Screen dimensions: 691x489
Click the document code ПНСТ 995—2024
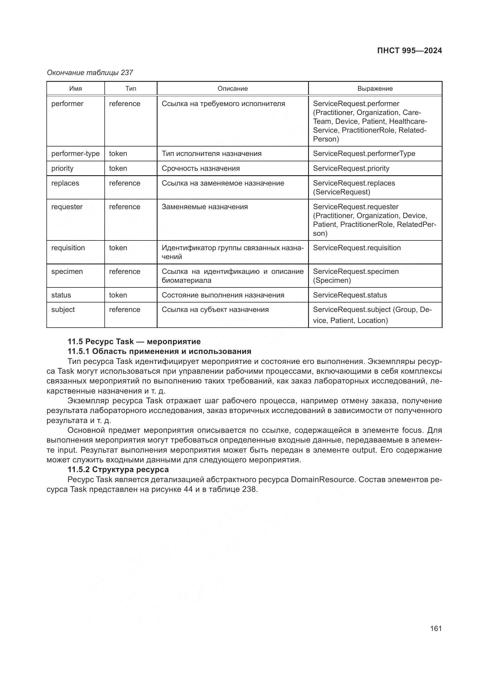pyautogui.click(x=409, y=51)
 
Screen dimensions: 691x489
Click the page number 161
pyautogui.click(x=436, y=628)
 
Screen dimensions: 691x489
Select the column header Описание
pyautogui.click(x=232, y=89)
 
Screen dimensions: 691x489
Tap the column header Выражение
pyautogui.click(x=375, y=89)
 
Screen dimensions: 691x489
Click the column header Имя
pyautogui.click(x=76, y=89)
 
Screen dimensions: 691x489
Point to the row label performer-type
pyautogui.click(x=75, y=154)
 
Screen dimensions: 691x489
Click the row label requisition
pyautogui.click(x=68, y=248)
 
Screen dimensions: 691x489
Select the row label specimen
pyautogui.click(x=67, y=271)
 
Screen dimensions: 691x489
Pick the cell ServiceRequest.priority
pyautogui.click(x=351, y=168)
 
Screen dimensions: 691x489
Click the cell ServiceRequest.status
pyautogui.click(x=350, y=295)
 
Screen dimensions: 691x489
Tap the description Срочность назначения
pyautogui.click(x=200, y=168)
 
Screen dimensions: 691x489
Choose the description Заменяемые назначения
pyautogui.click(x=205, y=207)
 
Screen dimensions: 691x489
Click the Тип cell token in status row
pyautogui.click(x=118, y=295)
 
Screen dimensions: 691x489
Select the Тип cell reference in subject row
pyautogui.click(x=125, y=309)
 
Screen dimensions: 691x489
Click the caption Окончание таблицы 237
pyautogui.click(x=90, y=73)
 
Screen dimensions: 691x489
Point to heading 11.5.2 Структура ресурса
pyautogui.click(x=118, y=469)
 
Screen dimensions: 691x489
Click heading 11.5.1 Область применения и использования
pyautogui.click(x=159, y=351)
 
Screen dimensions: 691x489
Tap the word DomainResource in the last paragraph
pyautogui.click(x=323, y=479)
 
